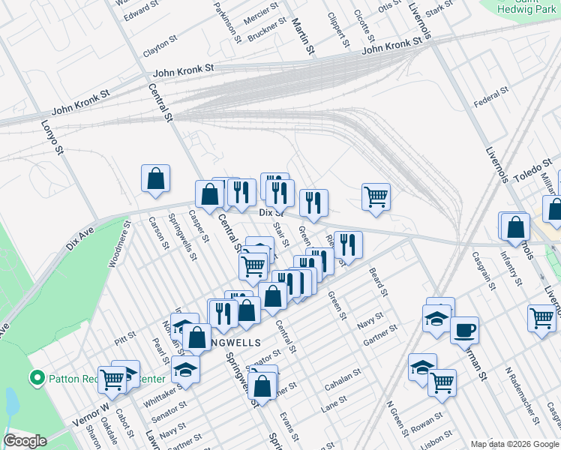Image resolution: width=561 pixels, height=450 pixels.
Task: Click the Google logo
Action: coord(25,440)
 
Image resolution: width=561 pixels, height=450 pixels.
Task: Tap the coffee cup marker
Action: coord(464,329)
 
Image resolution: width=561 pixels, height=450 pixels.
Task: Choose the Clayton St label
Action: coord(160,48)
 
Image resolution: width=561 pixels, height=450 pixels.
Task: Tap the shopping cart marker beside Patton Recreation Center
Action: coord(112,379)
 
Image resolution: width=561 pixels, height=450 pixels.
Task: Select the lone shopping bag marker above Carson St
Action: coord(155,178)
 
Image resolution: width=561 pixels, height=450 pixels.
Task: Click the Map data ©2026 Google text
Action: coord(514,443)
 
